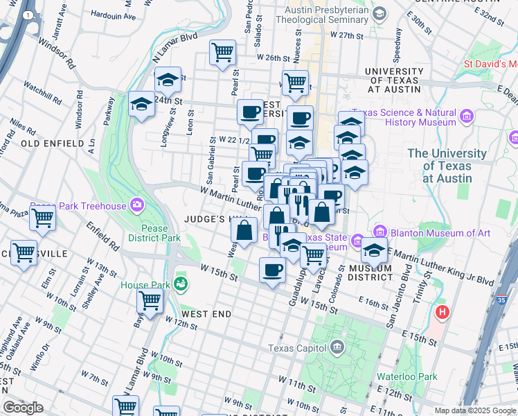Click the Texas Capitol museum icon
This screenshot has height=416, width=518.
click(337, 346)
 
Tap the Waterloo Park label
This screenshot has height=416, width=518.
click(417, 376)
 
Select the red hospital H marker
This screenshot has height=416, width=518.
click(442, 313)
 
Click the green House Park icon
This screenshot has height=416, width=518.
click(181, 283)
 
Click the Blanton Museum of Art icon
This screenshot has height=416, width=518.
click(379, 232)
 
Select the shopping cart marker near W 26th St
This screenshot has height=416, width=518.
click(223, 52)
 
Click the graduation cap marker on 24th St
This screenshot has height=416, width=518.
click(141, 105)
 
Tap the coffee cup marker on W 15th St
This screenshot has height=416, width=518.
click(272, 269)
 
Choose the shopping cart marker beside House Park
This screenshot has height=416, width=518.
click(150, 301)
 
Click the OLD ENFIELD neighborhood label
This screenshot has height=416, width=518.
click(53, 143)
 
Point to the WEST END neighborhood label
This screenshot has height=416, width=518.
click(207, 314)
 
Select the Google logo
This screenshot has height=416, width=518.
click(23, 408)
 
